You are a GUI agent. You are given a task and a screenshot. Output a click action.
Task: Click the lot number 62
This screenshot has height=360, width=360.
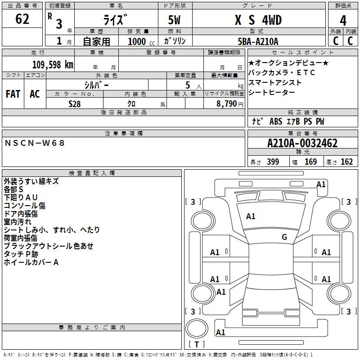tap(22, 19)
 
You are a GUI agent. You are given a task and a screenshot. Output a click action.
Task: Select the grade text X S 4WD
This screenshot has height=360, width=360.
tap(258, 20)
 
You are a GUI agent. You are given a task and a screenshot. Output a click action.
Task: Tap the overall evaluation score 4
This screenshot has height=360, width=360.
tap(343, 20)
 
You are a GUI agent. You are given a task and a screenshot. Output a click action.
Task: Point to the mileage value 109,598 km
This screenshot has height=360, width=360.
tap(53, 64)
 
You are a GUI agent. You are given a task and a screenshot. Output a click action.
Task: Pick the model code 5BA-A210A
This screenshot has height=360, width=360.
tap(258, 41)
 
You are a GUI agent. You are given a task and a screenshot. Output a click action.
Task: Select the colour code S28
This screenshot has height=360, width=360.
tap(75, 104)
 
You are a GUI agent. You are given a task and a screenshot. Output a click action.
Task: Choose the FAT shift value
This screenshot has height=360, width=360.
tap(13, 94)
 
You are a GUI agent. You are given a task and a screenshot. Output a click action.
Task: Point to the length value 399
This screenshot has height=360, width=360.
tap(273, 162)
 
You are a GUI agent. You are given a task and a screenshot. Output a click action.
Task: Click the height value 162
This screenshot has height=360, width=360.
tap(346, 162)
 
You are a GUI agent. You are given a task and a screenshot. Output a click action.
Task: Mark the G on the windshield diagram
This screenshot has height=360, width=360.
tap(284, 237)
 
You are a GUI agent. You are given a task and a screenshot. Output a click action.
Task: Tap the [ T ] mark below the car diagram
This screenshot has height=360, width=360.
tap(197, 345)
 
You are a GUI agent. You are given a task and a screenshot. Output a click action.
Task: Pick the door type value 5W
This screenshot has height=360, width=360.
tap(175, 20)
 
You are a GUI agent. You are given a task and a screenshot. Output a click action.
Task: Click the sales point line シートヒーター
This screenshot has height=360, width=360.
tap(271, 93)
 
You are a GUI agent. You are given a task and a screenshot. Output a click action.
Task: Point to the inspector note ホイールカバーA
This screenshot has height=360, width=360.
tap(31, 262)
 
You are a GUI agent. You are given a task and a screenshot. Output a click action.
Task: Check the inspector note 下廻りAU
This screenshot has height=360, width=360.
tap(21, 198)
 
